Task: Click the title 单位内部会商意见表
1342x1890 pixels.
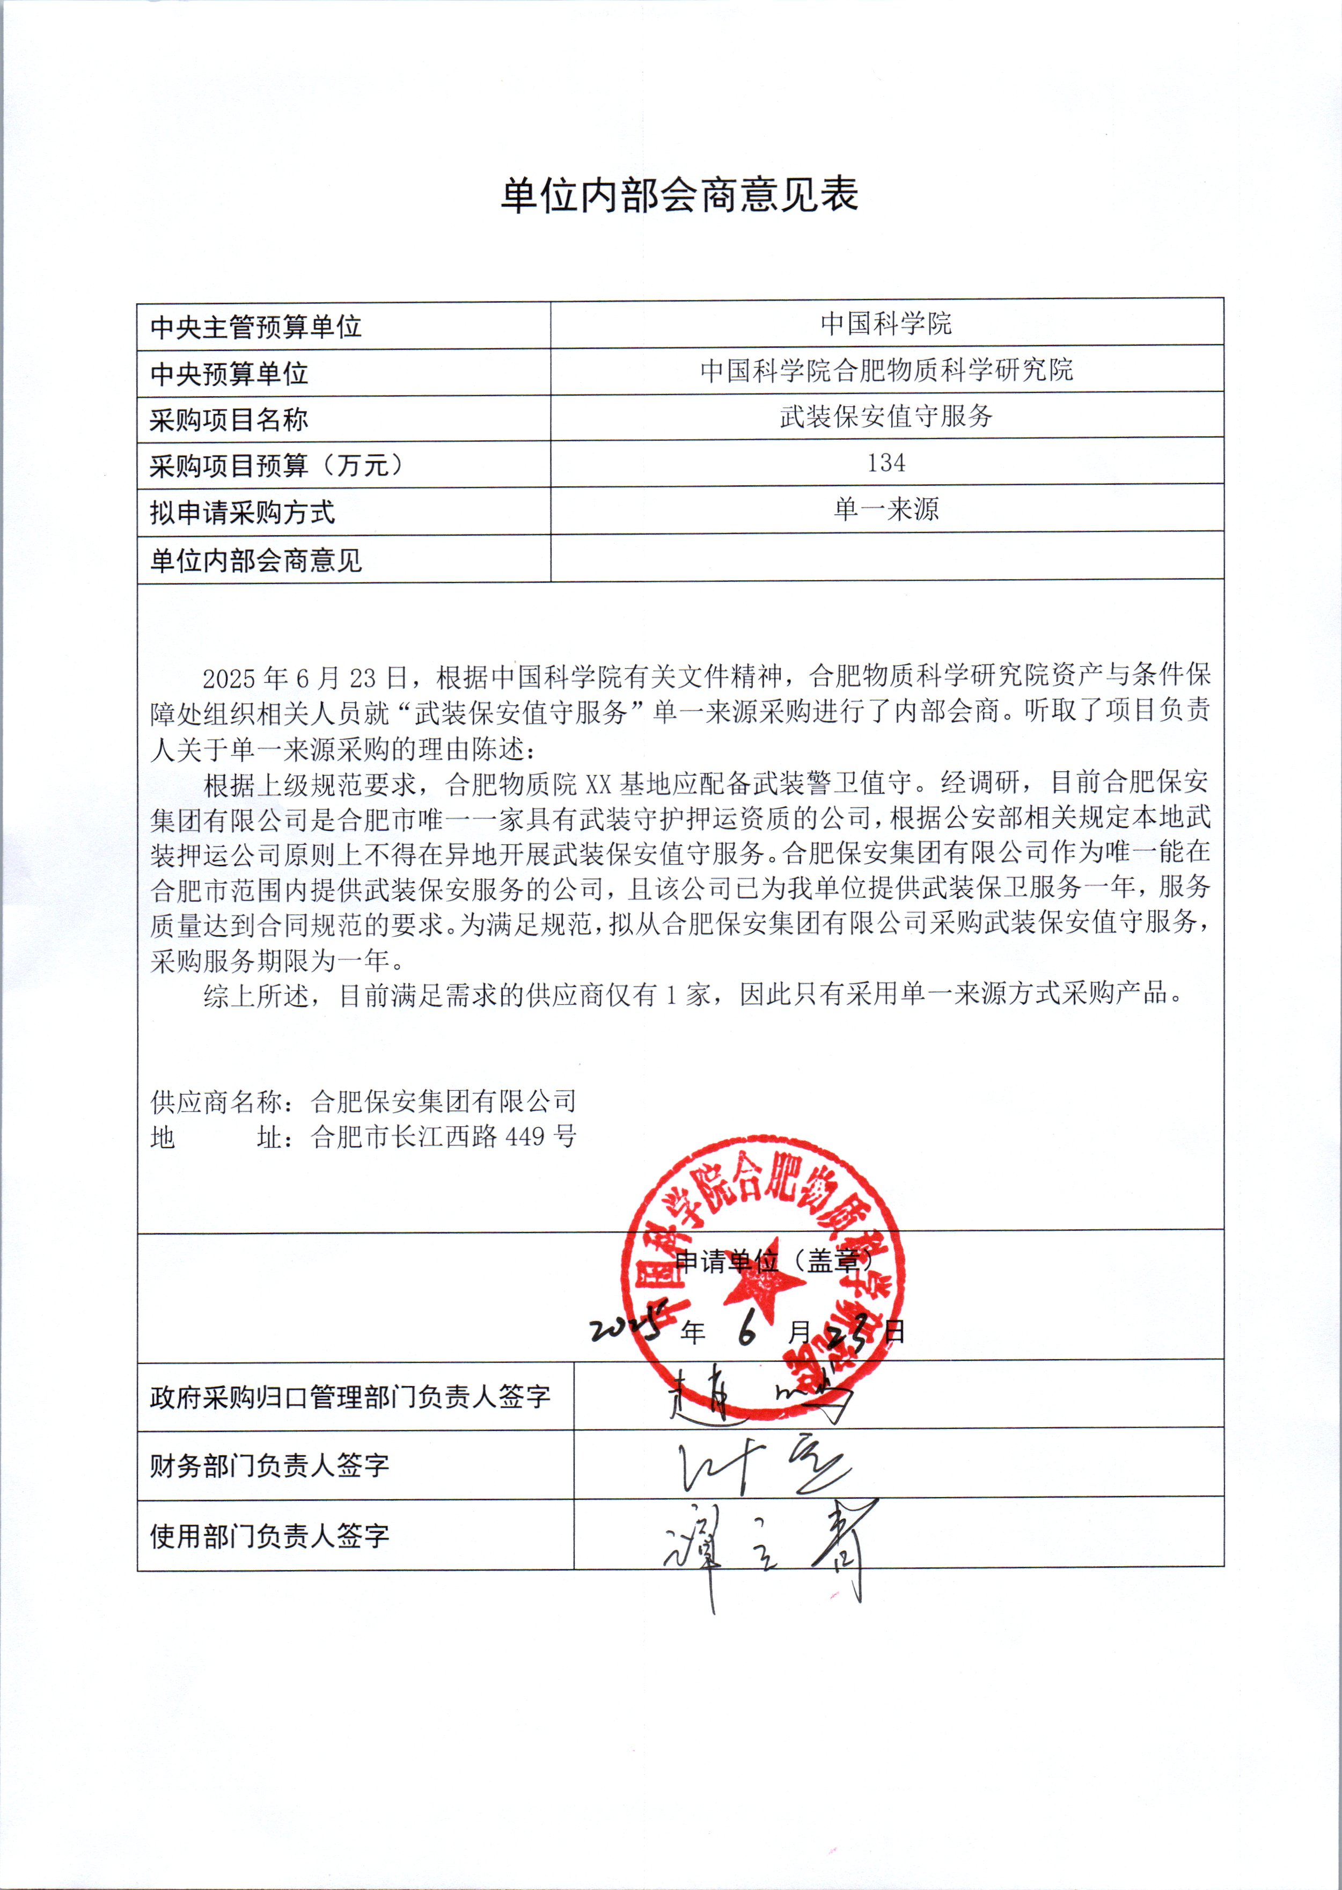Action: coord(679,196)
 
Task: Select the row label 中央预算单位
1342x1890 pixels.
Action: coord(229,374)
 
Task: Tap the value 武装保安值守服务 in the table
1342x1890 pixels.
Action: coord(886,415)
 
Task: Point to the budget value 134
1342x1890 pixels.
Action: coord(886,463)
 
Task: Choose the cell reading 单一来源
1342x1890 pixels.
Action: coord(886,509)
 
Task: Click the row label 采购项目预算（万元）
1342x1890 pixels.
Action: coord(277,465)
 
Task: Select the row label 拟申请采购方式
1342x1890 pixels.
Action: coord(242,513)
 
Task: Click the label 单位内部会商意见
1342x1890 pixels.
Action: coord(255,560)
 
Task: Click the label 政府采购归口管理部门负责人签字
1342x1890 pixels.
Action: coord(349,1397)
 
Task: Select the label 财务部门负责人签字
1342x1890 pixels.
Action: coord(269,1465)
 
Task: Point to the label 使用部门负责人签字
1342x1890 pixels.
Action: coord(269,1536)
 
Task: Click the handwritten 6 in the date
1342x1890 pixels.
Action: coord(747,1331)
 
